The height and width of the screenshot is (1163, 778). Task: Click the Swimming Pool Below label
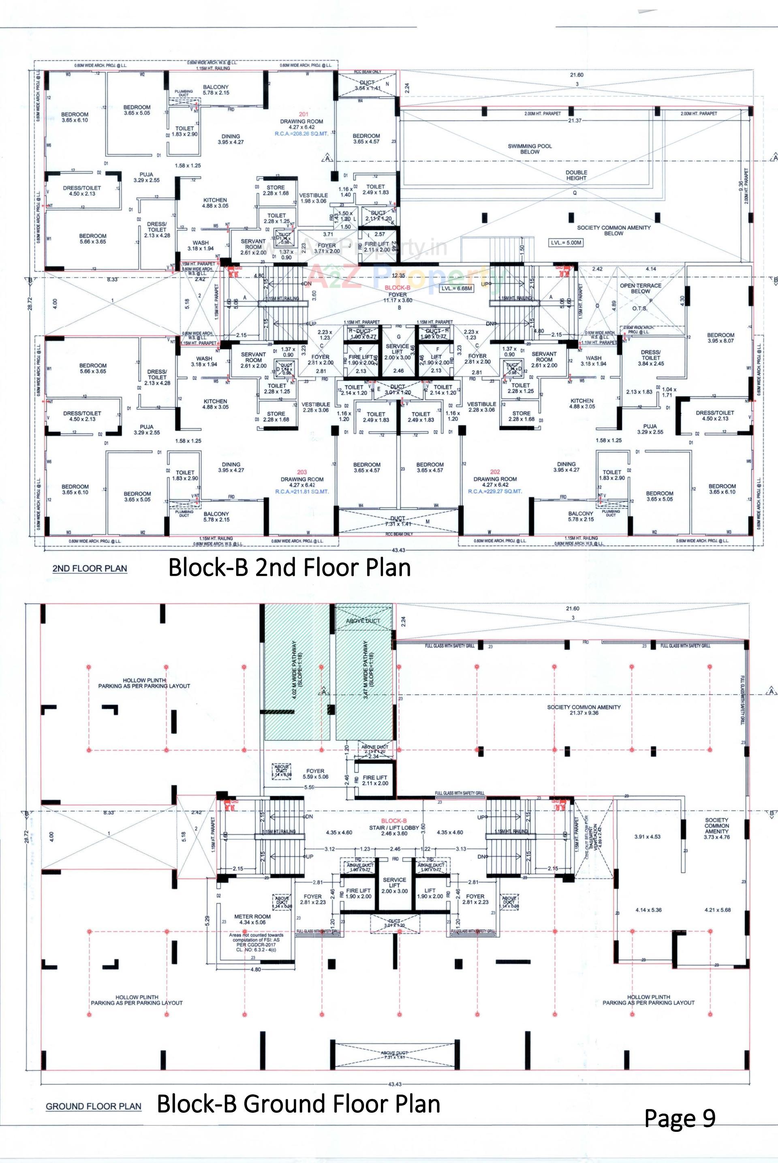point(530,149)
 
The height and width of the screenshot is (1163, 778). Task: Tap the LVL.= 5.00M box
point(566,243)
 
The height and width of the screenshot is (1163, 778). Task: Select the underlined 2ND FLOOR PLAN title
point(90,569)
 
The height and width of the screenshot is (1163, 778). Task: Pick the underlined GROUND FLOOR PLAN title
point(94,1106)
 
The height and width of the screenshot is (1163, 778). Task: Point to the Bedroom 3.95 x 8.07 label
point(720,338)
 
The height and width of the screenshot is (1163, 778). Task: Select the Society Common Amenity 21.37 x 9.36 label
point(583,710)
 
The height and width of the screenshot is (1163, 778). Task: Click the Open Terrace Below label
point(640,288)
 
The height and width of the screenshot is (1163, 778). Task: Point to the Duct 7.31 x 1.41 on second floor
point(398,521)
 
